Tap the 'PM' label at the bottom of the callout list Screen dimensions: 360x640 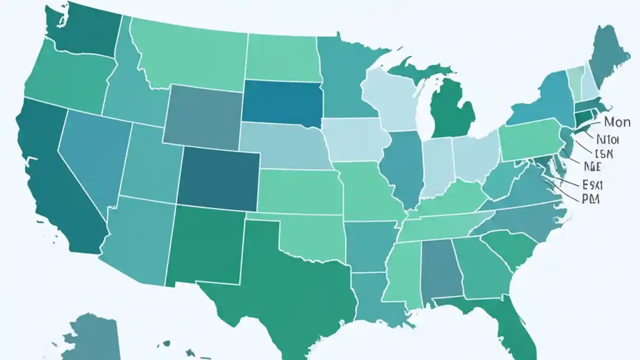pos(590,199)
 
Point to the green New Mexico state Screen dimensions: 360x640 pos(205,245)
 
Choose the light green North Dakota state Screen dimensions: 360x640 pos(282,57)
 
